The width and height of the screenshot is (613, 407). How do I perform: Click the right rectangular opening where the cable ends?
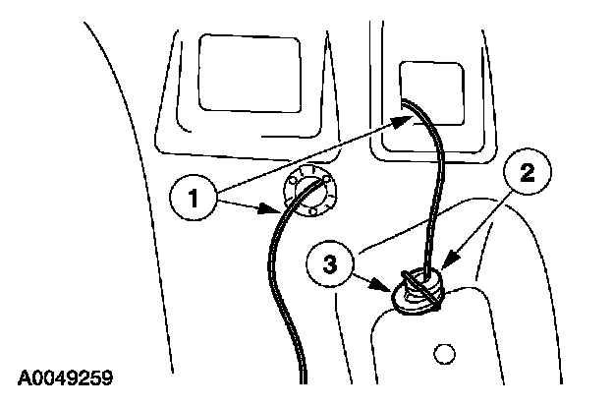click(430, 93)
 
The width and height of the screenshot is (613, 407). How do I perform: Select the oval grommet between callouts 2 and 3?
click(420, 291)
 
